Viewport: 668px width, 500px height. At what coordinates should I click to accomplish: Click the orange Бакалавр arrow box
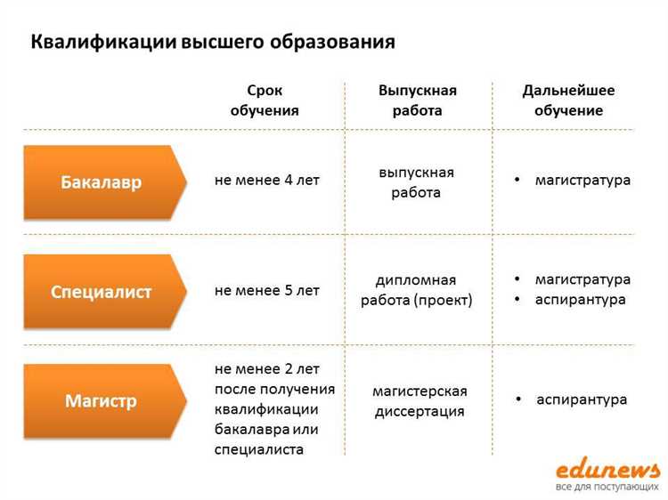click(102, 182)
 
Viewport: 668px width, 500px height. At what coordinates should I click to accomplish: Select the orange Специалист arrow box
click(102, 292)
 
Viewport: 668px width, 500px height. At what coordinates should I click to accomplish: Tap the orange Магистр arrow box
click(102, 400)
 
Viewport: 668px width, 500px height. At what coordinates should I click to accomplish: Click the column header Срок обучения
click(265, 101)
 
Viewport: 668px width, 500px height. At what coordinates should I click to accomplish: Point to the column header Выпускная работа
click(417, 101)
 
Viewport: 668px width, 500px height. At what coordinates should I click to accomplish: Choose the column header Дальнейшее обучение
click(568, 101)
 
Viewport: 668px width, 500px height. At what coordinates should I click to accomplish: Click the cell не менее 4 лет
click(266, 180)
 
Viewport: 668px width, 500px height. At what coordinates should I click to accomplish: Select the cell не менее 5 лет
click(266, 290)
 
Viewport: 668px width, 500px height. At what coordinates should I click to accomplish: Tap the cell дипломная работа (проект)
click(416, 290)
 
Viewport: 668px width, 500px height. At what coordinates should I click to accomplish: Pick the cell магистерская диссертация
click(419, 401)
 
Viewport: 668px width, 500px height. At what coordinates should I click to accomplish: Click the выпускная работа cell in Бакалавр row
click(416, 181)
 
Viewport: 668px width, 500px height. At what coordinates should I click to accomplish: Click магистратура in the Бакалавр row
click(582, 180)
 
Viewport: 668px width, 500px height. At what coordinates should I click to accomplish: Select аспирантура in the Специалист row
click(580, 299)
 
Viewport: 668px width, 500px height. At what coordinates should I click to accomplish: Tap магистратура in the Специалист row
click(582, 279)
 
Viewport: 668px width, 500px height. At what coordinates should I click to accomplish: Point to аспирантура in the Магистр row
click(582, 399)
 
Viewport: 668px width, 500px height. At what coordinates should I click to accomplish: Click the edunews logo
click(607, 469)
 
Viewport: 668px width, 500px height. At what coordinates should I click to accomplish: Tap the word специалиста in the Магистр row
click(259, 449)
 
